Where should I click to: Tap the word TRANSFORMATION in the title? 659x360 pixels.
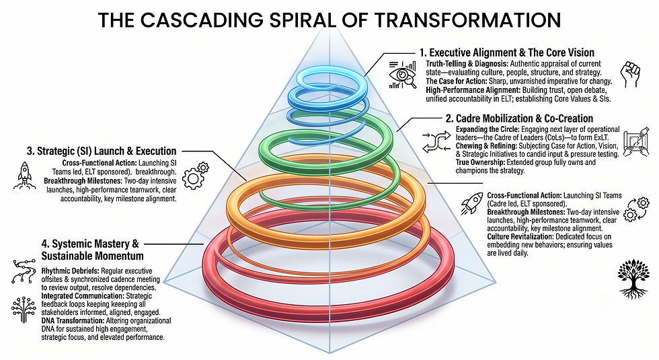468,20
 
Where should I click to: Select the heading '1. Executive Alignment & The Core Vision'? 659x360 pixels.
507,52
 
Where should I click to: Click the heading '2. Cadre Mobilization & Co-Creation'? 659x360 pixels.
519,118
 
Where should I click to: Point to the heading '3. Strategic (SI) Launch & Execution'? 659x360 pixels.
102,151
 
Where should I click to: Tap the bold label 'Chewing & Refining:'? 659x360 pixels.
486,146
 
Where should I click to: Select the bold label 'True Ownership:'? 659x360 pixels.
480,162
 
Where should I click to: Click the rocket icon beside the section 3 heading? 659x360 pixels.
24,176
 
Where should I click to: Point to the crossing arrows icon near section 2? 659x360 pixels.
436,141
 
